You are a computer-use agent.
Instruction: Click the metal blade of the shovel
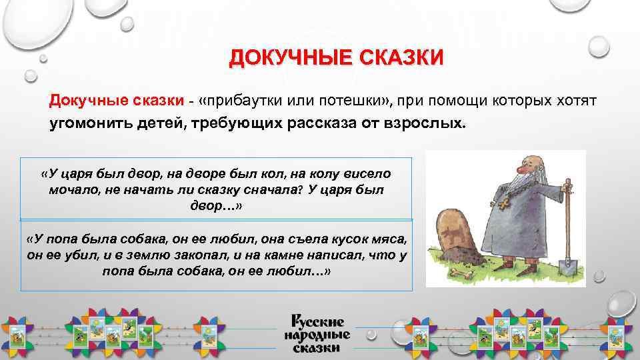[567, 267]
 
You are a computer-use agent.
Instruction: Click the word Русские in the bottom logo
[317, 321]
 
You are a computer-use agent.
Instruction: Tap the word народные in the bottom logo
[317, 335]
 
